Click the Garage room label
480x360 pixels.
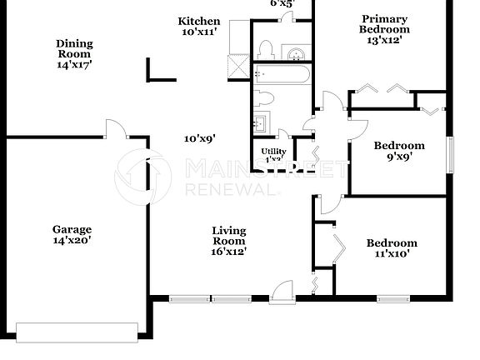71,234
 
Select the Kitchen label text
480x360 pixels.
199,26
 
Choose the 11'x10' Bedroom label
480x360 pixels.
392,248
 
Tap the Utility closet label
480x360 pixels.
275,154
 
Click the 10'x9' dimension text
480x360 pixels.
201,139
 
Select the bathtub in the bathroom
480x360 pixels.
282,77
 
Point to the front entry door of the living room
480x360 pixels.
283,291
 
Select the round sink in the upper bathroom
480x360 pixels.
297,55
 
